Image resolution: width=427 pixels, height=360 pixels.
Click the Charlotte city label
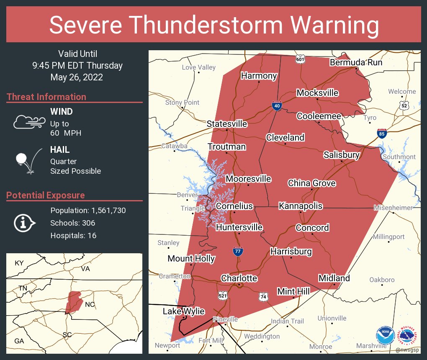point(239,278)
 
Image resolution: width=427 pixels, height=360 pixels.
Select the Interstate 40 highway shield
point(277,105)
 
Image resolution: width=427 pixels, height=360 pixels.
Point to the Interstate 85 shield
point(381,134)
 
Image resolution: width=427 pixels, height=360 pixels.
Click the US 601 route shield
point(300,59)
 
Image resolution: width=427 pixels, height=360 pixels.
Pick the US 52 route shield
point(404,105)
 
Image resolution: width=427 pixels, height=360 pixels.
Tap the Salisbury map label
point(342,155)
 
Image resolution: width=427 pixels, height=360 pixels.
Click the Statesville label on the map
point(227,124)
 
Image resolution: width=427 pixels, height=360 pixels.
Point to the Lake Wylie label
point(184,311)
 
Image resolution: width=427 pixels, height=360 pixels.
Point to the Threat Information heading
point(46,97)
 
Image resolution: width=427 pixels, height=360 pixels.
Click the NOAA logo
point(385,336)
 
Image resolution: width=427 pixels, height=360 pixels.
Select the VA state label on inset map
point(86,269)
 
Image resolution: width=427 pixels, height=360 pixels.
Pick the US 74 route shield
point(263,296)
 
